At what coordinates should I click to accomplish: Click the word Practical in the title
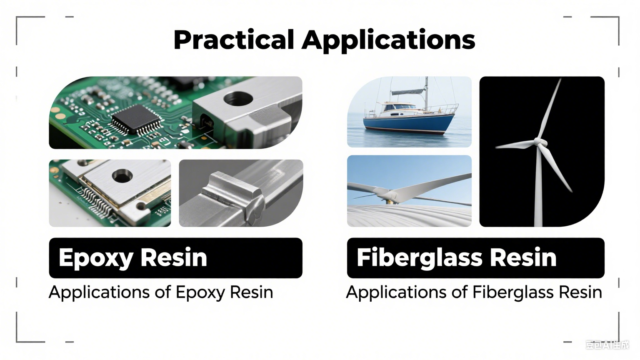[233, 40]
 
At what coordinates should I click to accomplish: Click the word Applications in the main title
[388, 40]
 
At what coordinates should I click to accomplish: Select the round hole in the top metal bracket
[238, 99]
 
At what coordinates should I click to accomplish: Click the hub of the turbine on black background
[540, 142]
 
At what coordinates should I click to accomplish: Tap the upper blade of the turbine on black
[550, 108]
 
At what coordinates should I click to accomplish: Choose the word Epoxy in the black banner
[95, 258]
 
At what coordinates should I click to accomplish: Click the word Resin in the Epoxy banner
[174, 258]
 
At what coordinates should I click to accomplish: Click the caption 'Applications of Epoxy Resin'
[161, 292]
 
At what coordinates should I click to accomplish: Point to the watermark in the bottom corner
[607, 345]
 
